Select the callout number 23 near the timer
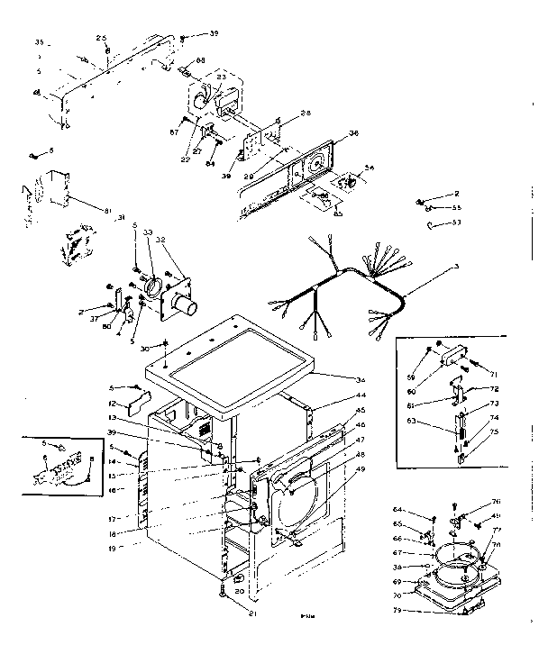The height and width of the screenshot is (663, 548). pyautogui.click(x=221, y=77)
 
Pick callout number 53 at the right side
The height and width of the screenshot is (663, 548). pyautogui.click(x=457, y=223)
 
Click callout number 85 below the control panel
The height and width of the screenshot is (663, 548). pyautogui.click(x=337, y=214)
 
